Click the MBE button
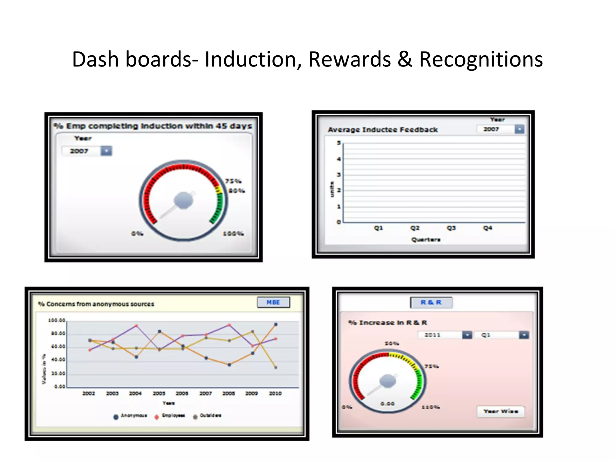(273, 302)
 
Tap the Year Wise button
(501, 411)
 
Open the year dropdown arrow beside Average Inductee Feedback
(519, 129)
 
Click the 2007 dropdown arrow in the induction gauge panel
(106, 151)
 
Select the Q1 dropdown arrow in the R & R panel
(524, 335)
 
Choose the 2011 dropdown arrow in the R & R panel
(467, 335)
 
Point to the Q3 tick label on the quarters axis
(451, 228)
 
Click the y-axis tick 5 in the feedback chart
(339, 143)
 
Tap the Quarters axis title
(426, 240)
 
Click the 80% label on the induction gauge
(237, 191)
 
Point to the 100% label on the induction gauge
(233, 233)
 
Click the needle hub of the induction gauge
(183, 200)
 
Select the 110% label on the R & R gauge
(431, 407)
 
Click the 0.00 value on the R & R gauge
(387, 403)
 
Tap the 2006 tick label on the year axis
(182, 393)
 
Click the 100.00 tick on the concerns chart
(57, 320)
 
